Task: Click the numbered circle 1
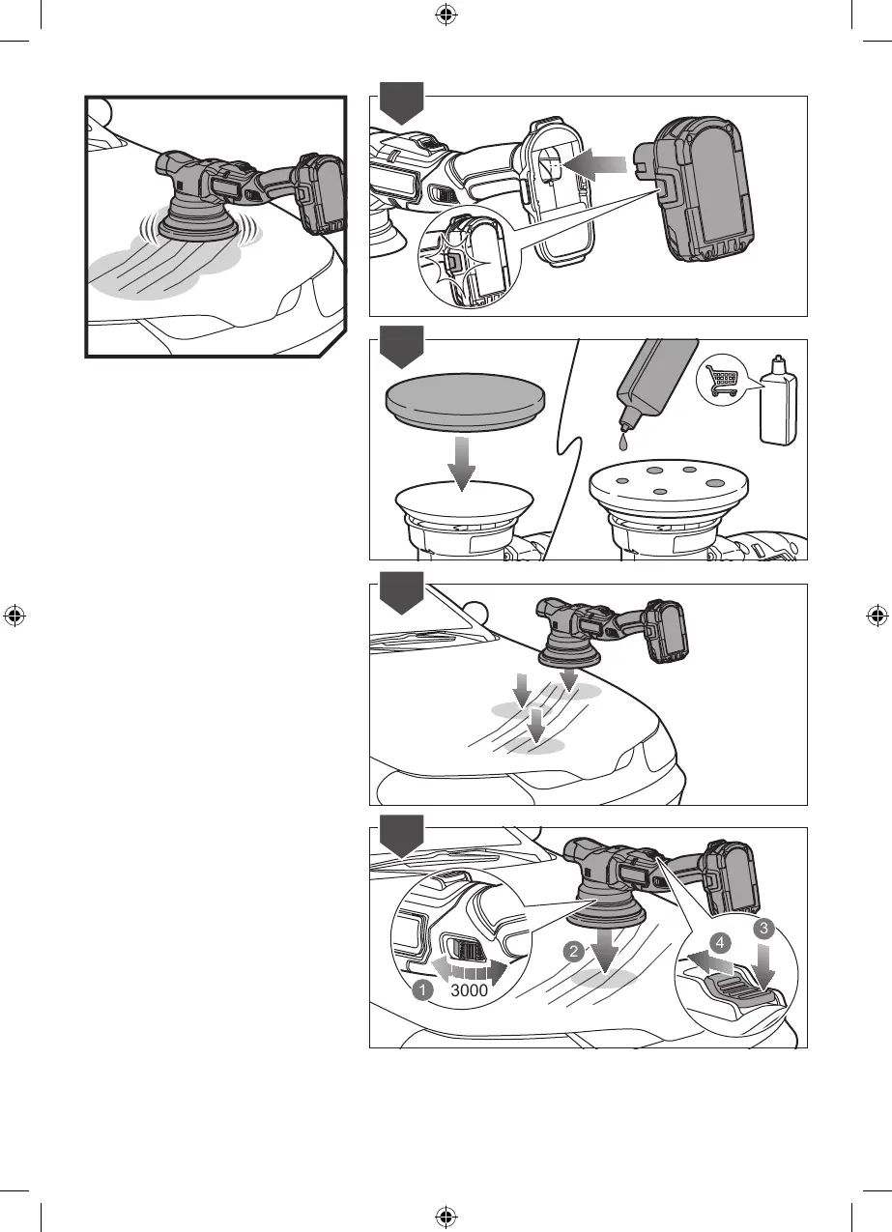[422, 990]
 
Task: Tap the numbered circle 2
[574, 951]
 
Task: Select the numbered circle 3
[763, 929]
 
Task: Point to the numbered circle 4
[720, 943]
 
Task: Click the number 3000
[469, 990]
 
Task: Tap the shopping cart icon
[721, 381]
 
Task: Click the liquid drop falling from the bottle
[622, 443]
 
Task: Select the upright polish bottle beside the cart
[778, 399]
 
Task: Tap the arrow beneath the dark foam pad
[462, 463]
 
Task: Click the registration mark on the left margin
[14, 616]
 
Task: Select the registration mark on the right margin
[878, 616]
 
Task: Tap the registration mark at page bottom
[446, 1217]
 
